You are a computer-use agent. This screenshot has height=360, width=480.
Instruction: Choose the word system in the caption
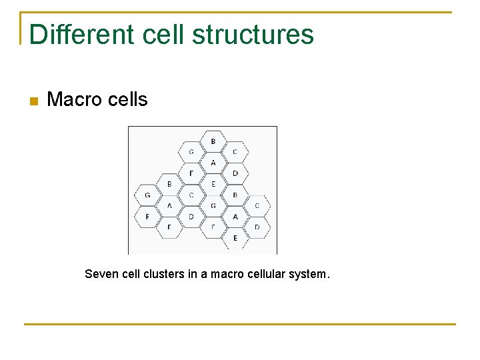307,274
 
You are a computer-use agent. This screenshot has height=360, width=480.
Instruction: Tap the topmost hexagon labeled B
213,141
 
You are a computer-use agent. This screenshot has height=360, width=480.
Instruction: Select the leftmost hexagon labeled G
147,195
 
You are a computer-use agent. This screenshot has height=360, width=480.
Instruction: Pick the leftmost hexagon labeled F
147,217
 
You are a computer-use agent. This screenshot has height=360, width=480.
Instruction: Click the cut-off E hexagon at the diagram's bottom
235,239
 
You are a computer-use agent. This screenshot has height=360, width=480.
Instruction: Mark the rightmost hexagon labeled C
257,206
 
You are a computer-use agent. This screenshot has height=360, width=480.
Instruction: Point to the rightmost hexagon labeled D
257,227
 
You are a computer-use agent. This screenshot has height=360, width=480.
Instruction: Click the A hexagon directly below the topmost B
213,163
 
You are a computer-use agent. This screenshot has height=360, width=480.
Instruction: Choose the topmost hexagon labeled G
191,152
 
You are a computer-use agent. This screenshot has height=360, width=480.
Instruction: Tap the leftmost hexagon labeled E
169,227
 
